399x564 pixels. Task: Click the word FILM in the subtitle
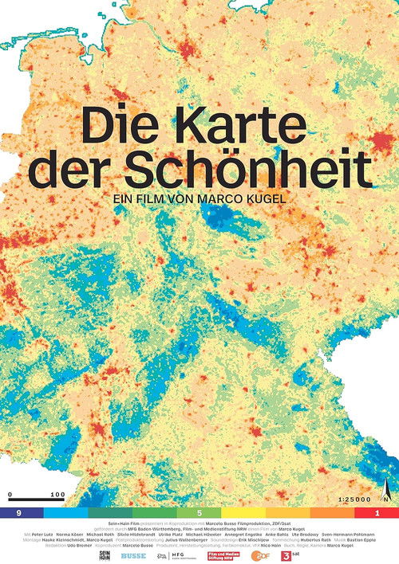(172, 192)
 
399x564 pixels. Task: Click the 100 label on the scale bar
(57, 495)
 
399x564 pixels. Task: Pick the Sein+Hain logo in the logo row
(104, 554)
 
